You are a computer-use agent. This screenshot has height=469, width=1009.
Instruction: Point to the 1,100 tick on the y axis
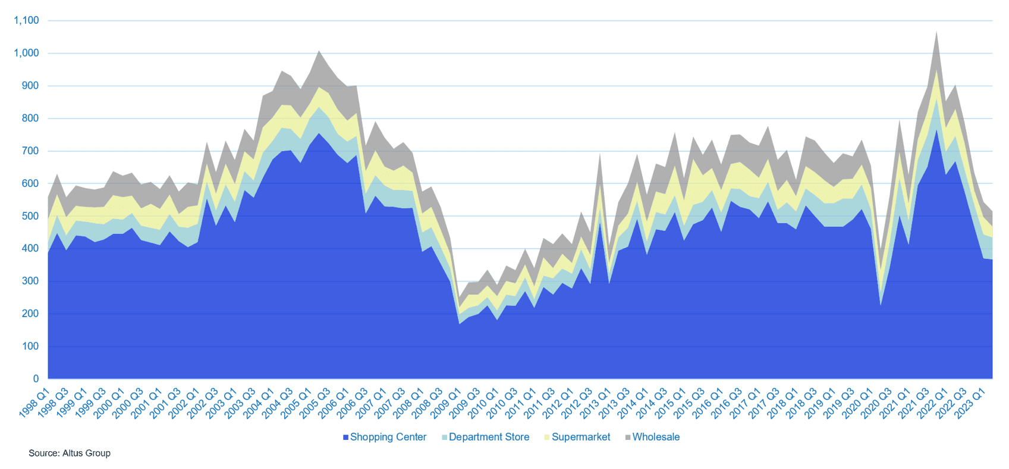tap(26, 20)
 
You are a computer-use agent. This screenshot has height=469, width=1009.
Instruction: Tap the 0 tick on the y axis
tap(36, 379)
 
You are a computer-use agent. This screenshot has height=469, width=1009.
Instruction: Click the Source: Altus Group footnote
tap(70, 453)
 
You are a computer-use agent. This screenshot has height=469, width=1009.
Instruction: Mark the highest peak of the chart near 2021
tap(936, 32)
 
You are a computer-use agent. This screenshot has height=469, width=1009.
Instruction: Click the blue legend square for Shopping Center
tap(345, 437)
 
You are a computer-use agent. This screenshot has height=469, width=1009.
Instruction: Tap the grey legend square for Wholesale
tap(628, 437)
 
